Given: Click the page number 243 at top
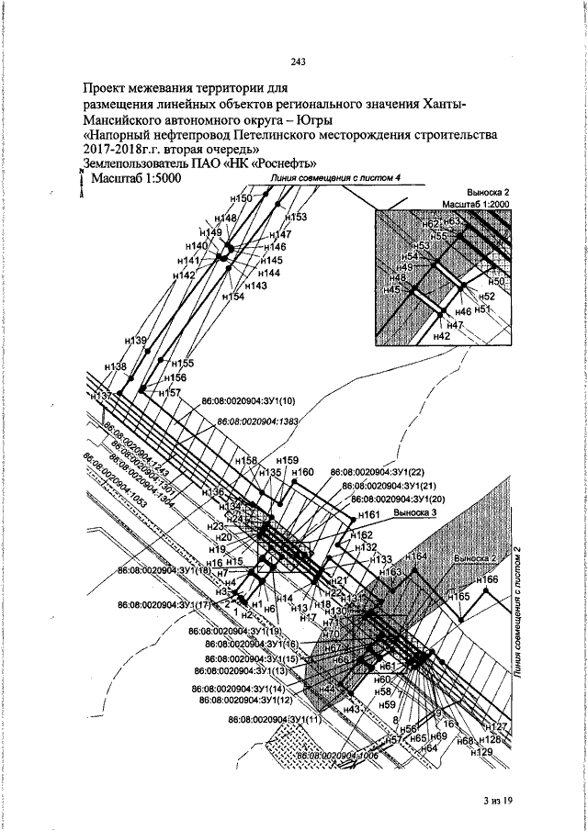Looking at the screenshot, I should (x=297, y=62).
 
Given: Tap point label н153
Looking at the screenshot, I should (x=294, y=217).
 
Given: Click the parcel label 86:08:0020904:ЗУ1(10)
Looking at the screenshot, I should (x=248, y=401).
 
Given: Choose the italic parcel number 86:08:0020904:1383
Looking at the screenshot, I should (x=258, y=421).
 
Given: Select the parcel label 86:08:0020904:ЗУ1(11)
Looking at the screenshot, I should (x=277, y=718).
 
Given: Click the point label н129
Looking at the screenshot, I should (x=481, y=752).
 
